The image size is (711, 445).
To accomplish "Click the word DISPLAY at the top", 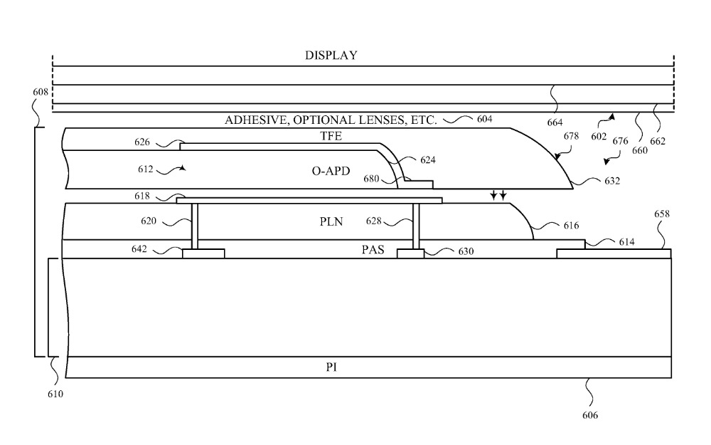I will pyautogui.click(x=331, y=56).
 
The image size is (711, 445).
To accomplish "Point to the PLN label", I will pyautogui.click(x=331, y=221).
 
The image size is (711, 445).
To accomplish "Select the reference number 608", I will pyautogui.click(x=41, y=92).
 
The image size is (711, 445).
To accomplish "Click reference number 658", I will pyautogui.click(x=662, y=214).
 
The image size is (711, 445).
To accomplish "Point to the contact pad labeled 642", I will pyautogui.click(x=204, y=253).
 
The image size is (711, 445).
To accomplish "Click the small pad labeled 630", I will pyautogui.click(x=410, y=253).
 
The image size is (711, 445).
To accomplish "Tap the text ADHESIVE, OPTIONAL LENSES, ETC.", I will pyautogui.click(x=331, y=120).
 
